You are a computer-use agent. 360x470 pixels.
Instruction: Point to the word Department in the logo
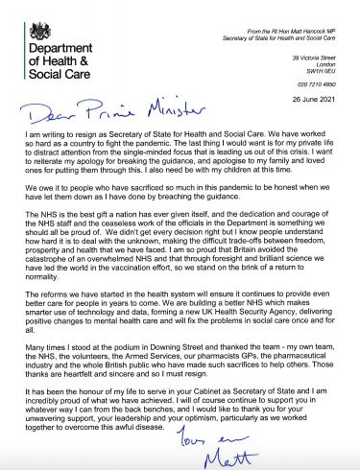click(53, 48)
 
